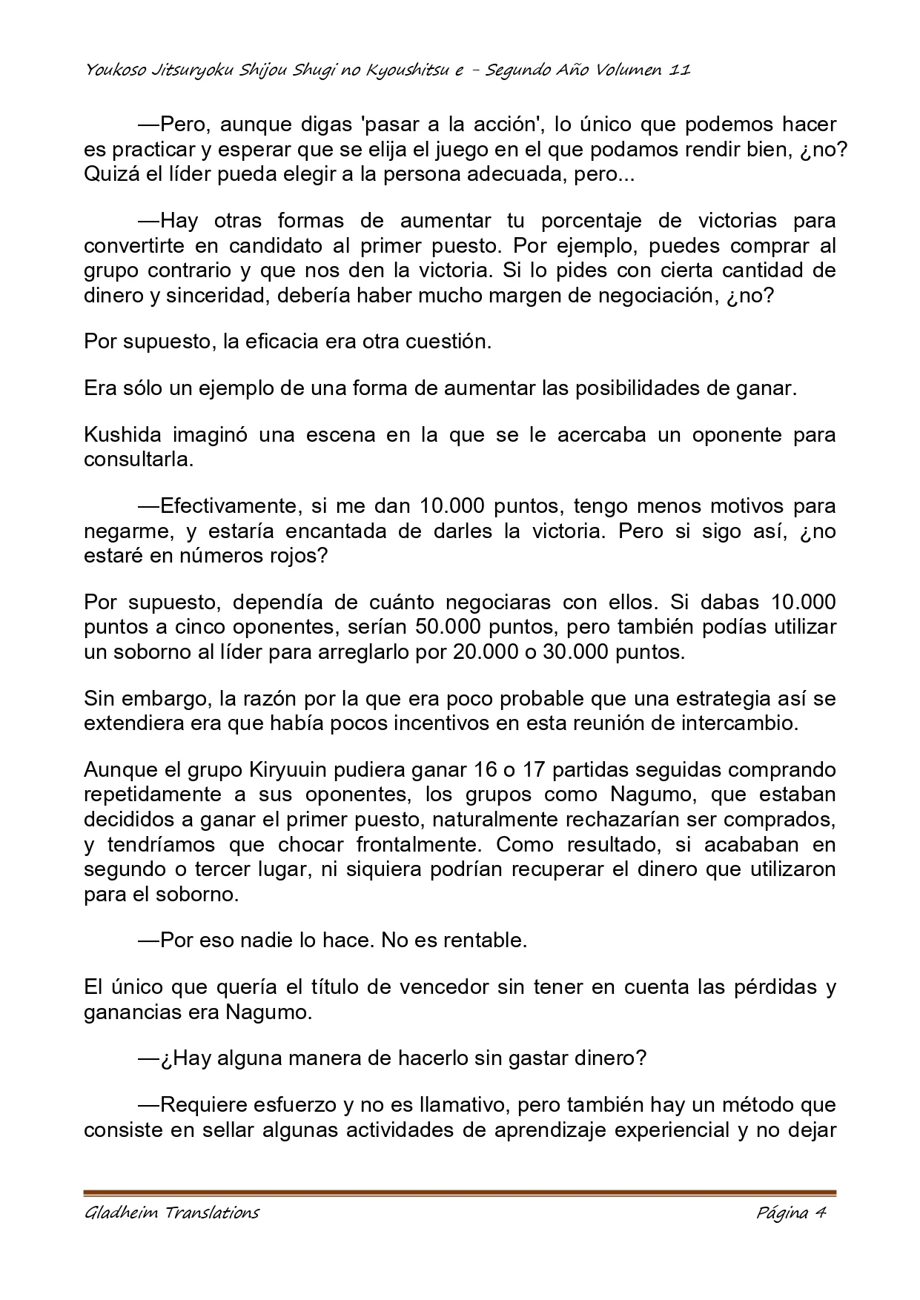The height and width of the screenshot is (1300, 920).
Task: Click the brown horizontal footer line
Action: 460,1193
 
